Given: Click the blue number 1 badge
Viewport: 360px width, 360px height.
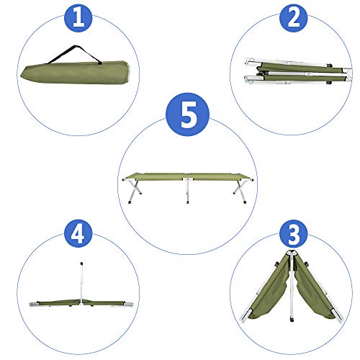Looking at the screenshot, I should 81,19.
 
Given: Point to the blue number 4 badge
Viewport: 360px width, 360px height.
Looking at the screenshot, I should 79,235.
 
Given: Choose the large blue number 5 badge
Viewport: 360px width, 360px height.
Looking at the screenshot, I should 187,116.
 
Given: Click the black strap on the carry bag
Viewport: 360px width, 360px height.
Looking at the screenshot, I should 75,52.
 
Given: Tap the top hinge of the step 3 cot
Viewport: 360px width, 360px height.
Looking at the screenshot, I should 292,256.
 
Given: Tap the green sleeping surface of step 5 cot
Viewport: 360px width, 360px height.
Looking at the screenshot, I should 187,176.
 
